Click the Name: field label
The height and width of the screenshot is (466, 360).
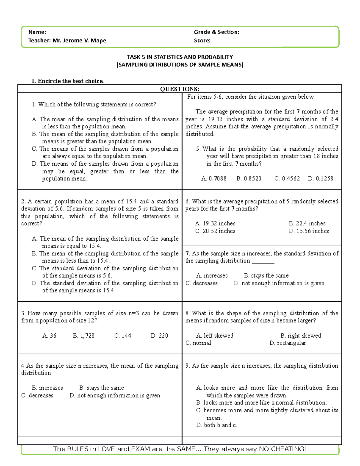[x=37, y=32]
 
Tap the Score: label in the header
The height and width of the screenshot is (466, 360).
[x=202, y=41]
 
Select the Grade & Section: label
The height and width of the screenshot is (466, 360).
[x=216, y=32]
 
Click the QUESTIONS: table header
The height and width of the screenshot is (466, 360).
[x=180, y=89]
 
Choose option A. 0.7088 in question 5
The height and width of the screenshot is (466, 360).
[x=214, y=179]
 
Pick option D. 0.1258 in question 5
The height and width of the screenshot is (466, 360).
[x=320, y=179]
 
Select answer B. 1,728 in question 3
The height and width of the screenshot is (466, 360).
[x=83, y=336]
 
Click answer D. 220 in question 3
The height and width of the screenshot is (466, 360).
[x=159, y=336]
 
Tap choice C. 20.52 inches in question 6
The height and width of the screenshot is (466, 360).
[x=215, y=231]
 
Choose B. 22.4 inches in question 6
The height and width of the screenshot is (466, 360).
[x=307, y=224]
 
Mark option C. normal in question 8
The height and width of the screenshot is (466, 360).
[x=198, y=343]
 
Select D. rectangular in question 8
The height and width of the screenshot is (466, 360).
[x=287, y=343]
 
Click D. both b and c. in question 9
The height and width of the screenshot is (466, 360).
[x=216, y=425]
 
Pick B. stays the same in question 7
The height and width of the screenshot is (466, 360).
[x=266, y=276]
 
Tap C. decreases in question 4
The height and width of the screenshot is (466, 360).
[x=37, y=395]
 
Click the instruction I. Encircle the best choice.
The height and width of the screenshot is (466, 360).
[x=68, y=81]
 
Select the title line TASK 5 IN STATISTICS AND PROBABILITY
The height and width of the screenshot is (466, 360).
[x=180, y=57]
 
